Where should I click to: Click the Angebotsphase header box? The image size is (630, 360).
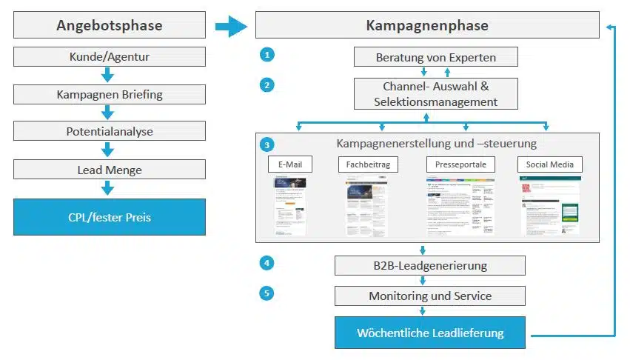(x=109, y=26)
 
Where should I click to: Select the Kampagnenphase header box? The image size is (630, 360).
(x=427, y=26)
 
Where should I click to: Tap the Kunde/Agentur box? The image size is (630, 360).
(x=109, y=56)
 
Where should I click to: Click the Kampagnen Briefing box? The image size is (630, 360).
(x=109, y=94)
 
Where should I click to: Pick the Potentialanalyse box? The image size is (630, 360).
(x=109, y=131)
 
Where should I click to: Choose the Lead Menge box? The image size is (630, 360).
(x=109, y=170)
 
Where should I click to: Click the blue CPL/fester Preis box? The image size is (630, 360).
(x=109, y=216)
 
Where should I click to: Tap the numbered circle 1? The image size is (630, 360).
(x=267, y=55)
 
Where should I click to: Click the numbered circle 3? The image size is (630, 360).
(x=267, y=144)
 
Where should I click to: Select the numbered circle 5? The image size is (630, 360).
(x=267, y=293)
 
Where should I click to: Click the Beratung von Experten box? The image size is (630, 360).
(x=435, y=57)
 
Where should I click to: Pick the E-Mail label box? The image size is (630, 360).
(x=289, y=164)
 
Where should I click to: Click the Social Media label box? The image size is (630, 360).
(x=550, y=164)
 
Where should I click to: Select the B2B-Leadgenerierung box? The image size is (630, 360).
(x=429, y=265)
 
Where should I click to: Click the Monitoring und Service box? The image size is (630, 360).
(x=429, y=296)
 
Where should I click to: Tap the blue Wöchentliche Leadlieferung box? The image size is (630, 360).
(x=429, y=333)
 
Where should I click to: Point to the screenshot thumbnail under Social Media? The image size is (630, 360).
(x=550, y=206)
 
